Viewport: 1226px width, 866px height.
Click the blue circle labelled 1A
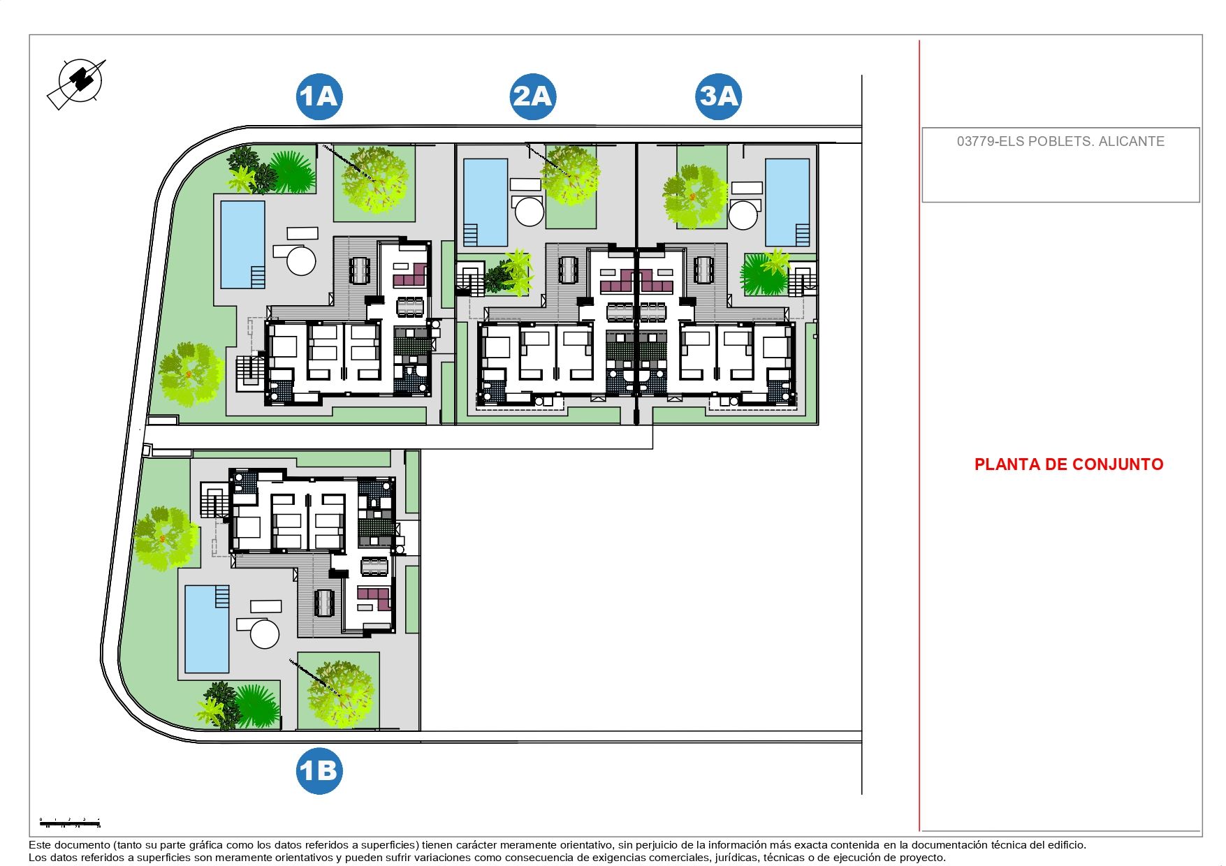[x=319, y=96]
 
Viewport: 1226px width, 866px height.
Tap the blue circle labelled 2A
[x=533, y=96]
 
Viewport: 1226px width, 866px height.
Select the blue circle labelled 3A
[x=719, y=96]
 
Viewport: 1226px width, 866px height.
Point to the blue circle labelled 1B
[x=319, y=771]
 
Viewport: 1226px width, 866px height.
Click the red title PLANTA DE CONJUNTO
[x=1068, y=464]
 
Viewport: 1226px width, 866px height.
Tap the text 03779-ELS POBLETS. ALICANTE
[x=1060, y=142]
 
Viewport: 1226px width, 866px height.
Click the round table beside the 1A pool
[x=301, y=260]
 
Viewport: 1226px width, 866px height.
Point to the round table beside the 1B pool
[x=265, y=634]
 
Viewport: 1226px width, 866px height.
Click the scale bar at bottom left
[x=70, y=824]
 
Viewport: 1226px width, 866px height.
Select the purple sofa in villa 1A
[x=411, y=277]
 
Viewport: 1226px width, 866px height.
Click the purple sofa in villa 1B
[x=374, y=598]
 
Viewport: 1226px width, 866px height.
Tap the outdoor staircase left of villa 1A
[x=249, y=372]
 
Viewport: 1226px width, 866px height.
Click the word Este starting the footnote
[x=39, y=845]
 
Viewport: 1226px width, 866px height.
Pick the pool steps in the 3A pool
[x=802, y=235]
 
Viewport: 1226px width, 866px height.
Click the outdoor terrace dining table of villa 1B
[x=324, y=602]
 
